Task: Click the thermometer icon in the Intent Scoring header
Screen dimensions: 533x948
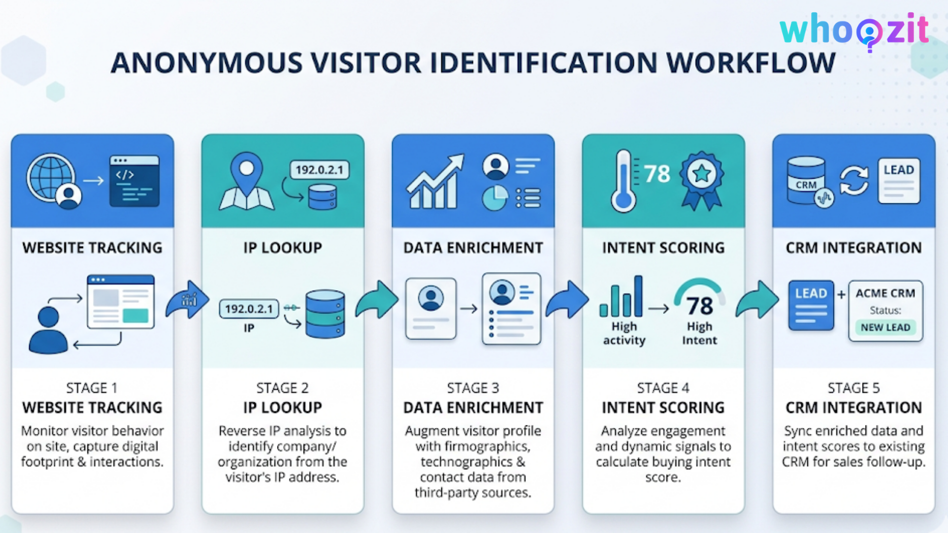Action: [x=624, y=181]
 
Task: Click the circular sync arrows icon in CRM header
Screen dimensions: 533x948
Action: [x=854, y=181]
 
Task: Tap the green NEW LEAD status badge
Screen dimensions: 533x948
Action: [x=885, y=327]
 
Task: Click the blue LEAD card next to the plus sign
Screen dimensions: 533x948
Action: [x=811, y=305]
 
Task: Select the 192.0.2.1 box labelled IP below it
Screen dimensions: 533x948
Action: [x=249, y=309]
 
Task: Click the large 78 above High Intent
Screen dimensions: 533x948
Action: [x=700, y=306]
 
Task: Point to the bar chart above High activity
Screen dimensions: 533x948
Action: [x=621, y=297]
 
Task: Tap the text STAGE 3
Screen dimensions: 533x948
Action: [x=473, y=388]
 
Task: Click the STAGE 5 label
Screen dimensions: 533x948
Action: [x=854, y=388]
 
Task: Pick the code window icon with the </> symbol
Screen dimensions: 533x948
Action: [x=134, y=181]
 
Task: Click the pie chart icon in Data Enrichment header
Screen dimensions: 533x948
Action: [x=495, y=198]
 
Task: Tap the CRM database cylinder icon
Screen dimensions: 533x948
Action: [x=806, y=181]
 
